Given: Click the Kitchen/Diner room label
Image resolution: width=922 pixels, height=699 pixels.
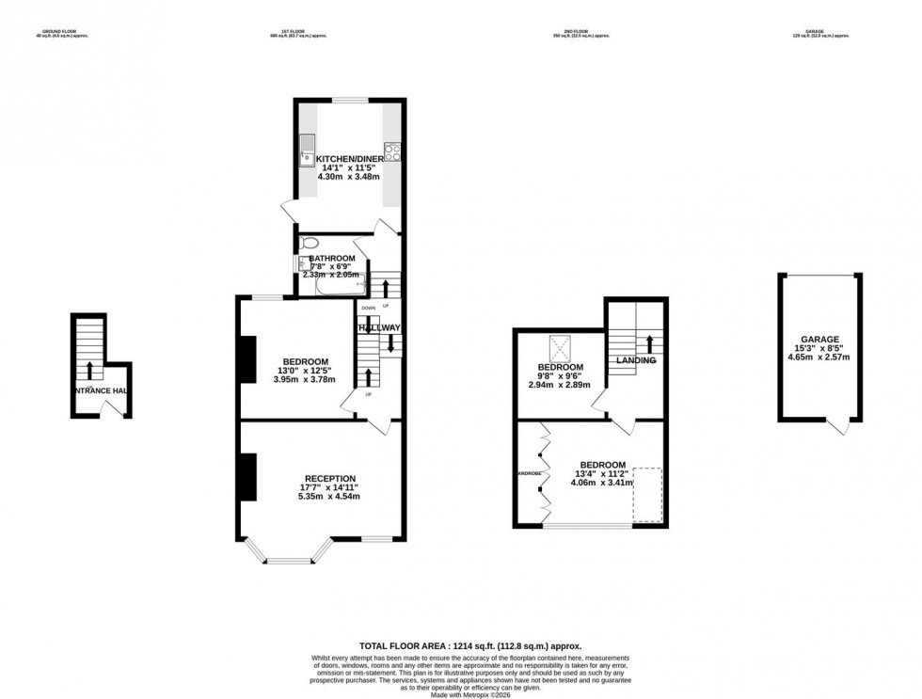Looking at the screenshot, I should point(350,158).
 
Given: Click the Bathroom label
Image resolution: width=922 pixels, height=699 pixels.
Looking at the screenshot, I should point(332,258).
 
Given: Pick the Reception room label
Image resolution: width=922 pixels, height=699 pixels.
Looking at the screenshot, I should point(329,477).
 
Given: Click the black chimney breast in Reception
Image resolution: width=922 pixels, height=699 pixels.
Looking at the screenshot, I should point(248,477).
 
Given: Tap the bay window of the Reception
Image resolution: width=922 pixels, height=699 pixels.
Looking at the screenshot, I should point(286,555).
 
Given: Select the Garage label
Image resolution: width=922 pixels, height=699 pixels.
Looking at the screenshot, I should point(819,339).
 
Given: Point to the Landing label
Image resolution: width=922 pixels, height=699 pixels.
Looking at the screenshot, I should point(636,360).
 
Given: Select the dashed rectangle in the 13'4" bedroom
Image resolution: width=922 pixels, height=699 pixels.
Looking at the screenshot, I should point(646,494).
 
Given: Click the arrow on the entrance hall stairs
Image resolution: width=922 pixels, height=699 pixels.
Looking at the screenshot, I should point(90,368).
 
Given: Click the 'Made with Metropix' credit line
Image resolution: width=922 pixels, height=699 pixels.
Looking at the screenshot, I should point(461,693).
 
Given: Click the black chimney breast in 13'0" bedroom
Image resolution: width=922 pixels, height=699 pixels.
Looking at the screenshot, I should point(248,359).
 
